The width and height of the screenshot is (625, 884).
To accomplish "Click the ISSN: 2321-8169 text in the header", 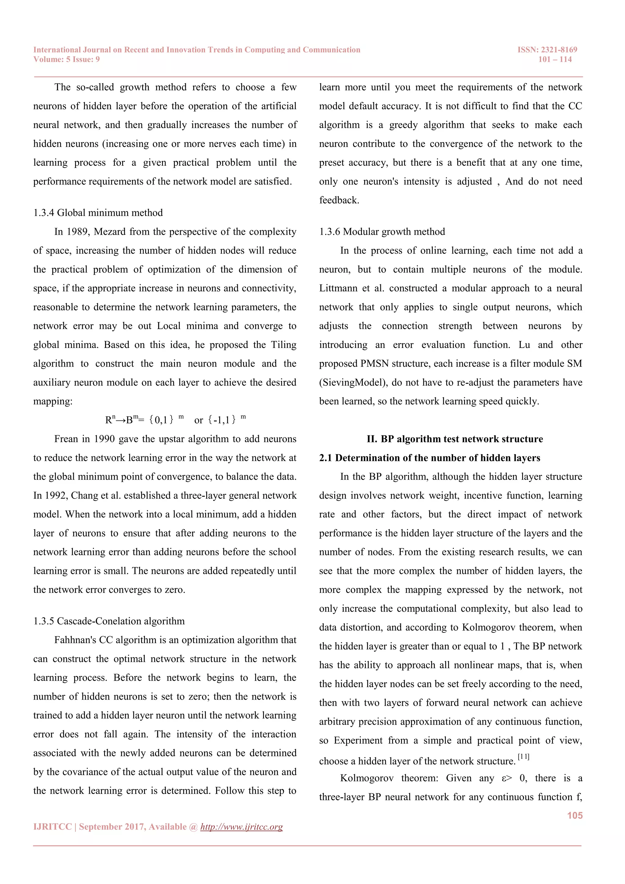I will click(547, 50).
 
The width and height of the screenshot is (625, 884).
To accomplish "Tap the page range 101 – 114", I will click(555, 59).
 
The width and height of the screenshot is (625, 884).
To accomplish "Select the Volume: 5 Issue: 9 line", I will click(67, 59).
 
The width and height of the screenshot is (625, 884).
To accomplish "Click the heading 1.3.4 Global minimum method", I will click(98, 213).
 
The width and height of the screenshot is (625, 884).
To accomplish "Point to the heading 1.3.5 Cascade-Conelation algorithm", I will click(109, 621).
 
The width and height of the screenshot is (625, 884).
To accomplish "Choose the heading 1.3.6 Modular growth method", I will click(382, 232).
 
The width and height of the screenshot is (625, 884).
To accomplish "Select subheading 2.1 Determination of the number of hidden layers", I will click(429, 458).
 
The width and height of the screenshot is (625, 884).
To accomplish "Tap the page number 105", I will click(575, 816).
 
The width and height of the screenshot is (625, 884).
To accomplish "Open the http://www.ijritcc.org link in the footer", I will click(241, 827).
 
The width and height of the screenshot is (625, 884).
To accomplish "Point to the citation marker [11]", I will click(523, 757).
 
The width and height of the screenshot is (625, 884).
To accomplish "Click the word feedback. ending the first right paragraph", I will click(339, 200).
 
